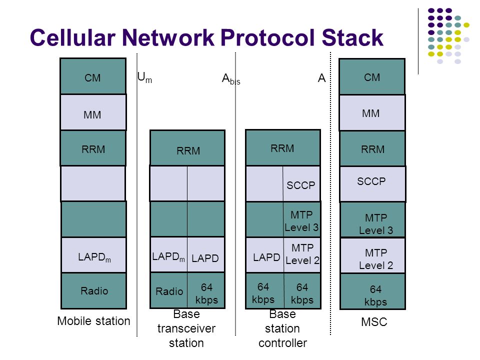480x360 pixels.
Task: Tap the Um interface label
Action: click(144, 77)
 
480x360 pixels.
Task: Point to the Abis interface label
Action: click(230, 79)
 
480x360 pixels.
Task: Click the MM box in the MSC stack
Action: click(372, 113)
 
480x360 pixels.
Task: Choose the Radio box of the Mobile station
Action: click(93, 290)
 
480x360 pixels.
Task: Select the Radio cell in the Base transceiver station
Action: click(169, 290)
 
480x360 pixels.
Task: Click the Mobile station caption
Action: click(93, 321)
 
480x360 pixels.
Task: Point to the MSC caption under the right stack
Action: click(373, 322)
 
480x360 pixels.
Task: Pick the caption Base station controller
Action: click(282, 328)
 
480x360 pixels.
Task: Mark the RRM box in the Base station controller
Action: click(283, 147)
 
